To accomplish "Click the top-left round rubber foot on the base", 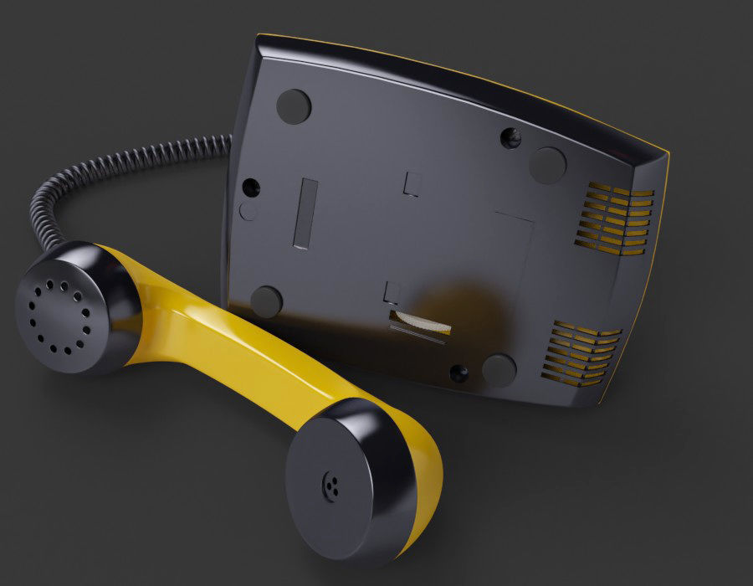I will click(x=294, y=106).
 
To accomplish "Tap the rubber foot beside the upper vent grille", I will click(x=547, y=165).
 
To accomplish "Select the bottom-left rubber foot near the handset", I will click(x=266, y=301).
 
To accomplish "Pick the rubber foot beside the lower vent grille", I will click(x=499, y=370).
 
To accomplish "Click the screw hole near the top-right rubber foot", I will click(x=510, y=137).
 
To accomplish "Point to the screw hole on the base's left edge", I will click(x=250, y=188).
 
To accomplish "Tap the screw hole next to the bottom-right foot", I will click(x=458, y=373).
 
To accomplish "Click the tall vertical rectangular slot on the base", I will click(x=305, y=213).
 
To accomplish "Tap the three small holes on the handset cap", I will click(x=332, y=486).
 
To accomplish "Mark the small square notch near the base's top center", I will click(x=412, y=183).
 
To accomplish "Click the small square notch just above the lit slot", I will click(x=392, y=291).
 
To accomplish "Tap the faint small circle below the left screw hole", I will click(x=248, y=211).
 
